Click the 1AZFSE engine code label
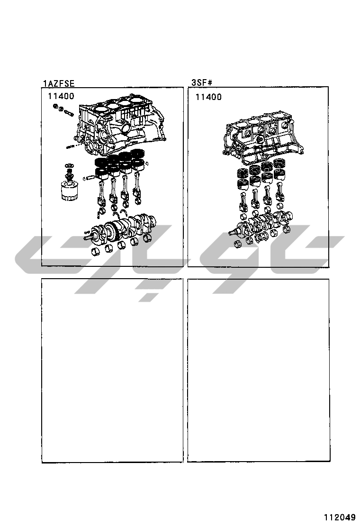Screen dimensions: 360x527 (59, 83)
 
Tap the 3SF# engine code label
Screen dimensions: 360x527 (202, 82)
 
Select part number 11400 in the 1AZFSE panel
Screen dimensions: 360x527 (61, 96)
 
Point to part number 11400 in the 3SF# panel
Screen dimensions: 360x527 (208, 97)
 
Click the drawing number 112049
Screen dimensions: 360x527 (340, 517)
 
